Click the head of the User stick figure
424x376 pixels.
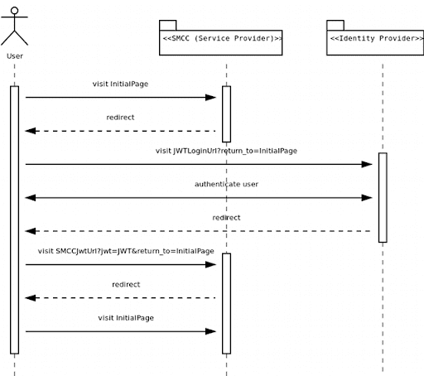coord(14,11)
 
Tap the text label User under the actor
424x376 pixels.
coord(14,56)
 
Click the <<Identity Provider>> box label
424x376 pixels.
coord(375,37)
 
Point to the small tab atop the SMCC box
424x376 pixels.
coord(167,25)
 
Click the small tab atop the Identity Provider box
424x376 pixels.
coord(335,25)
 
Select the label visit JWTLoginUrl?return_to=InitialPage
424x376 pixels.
coord(226,151)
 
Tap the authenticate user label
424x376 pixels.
coord(226,184)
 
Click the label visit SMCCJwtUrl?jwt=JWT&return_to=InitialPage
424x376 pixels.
coord(126,250)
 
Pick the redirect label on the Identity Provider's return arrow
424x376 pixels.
coord(226,217)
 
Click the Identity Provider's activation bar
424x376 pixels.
coord(383,197)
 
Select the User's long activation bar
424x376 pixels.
coord(14,219)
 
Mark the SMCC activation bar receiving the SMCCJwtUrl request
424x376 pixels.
coord(226,302)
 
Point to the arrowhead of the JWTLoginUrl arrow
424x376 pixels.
coord(369,164)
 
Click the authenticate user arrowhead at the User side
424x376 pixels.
coord(30,197)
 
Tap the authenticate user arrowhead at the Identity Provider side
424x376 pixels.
coord(369,197)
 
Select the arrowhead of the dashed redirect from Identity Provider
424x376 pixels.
coord(30,231)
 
